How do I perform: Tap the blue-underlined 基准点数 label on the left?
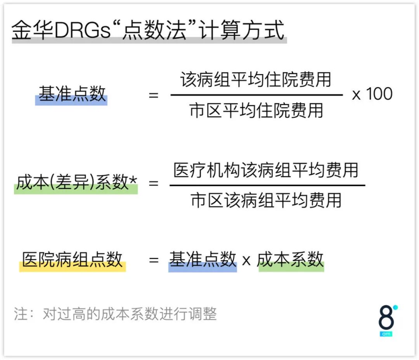[72, 95]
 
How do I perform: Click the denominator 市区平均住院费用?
[256, 111]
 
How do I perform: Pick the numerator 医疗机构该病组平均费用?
[266, 170]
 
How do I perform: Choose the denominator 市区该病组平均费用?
[266, 201]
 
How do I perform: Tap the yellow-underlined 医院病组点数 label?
[73, 260]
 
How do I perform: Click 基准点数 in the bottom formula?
[203, 260]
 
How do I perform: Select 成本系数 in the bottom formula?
[291, 260]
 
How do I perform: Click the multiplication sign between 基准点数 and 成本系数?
[246, 261]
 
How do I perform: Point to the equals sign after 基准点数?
[154, 95]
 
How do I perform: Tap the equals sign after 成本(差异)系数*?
[154, 183]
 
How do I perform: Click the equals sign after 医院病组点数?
[154, 260]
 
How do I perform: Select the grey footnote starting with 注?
[115, 314]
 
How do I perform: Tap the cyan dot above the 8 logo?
[395, 308]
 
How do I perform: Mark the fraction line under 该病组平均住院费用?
[256, 95]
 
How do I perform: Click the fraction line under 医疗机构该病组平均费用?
[267, 185]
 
